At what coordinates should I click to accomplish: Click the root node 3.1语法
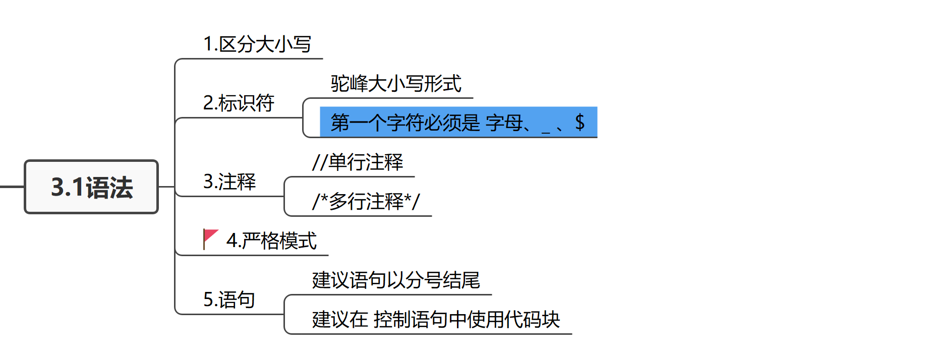click(91, 187)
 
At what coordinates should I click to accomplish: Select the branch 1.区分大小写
click(257, 44)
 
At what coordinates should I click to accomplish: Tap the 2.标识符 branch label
click(238, 103)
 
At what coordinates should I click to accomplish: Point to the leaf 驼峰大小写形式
click(396, 84)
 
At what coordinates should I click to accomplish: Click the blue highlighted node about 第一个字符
click(458, 122)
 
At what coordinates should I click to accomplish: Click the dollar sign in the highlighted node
click(580, 122)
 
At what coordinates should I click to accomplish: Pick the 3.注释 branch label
click(229, 182)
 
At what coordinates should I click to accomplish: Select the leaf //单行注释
click(358, 162)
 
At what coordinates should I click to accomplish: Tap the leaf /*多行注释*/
click(366, 202)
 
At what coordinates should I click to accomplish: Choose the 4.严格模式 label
click(271, 241)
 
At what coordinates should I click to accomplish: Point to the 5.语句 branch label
click(229, 299)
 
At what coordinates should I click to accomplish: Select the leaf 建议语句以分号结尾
click(396, 280)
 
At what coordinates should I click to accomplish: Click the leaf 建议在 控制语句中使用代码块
click(436, 320)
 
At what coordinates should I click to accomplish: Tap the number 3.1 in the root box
click(68, 187)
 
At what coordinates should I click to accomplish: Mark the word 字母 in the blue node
click(504, 122)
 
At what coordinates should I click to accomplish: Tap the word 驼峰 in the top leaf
click(350, 84)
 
